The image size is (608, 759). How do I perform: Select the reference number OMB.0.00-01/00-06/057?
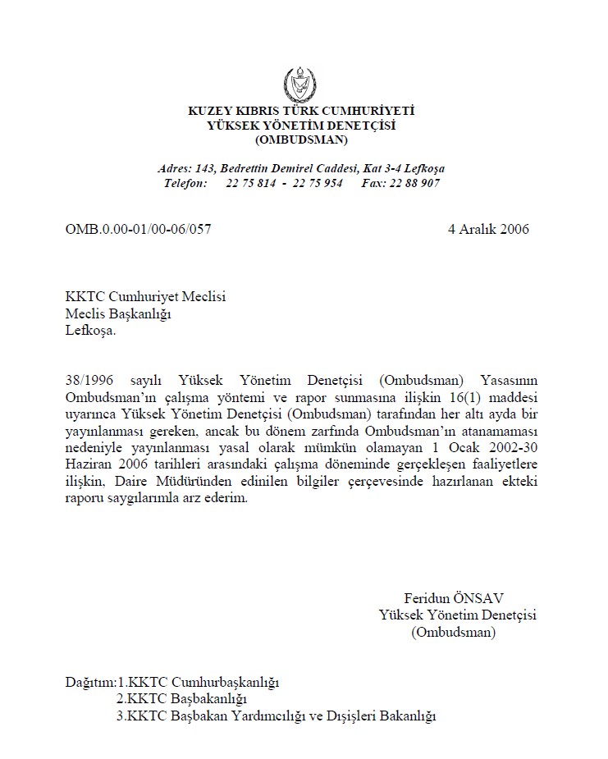point(138,229)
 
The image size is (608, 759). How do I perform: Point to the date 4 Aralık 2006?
point(488,229)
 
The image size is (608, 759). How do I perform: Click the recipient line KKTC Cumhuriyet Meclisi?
point(145,297)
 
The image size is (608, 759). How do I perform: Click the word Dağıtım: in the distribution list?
point(90,681)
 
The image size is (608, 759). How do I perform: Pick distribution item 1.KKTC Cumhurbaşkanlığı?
point(199,681)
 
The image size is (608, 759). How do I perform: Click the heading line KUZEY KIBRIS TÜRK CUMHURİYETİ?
point(301,111)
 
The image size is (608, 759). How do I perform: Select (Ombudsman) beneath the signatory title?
point(452,632)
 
